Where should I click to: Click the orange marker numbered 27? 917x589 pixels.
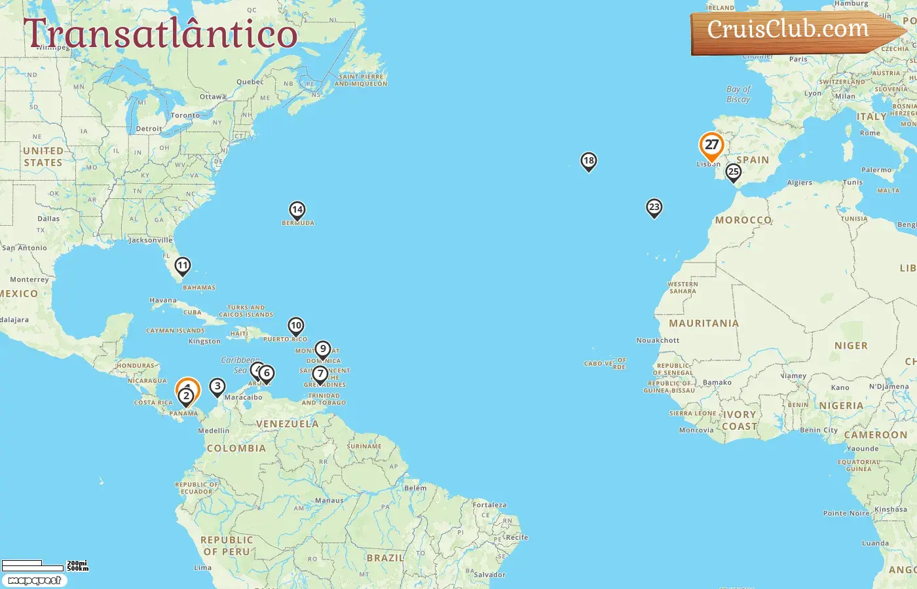(711, 145)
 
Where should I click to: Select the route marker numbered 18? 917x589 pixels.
(588, 161)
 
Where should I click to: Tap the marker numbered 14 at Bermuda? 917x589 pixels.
(297, 210)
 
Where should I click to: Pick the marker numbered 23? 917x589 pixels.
(654, 207)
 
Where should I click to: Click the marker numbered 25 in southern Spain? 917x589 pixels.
(733, 172)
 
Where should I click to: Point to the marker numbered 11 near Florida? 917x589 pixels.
(183, 266)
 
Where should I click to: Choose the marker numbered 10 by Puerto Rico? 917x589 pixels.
(296, 326)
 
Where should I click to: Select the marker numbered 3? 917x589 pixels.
(217, 387)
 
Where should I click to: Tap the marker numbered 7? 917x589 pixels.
(320, 374)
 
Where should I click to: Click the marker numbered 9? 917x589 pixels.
(322, 349)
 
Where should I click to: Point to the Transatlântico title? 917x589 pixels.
(160, 34)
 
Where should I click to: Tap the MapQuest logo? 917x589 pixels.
(34, 580)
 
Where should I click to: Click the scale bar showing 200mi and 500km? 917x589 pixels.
(45, 565)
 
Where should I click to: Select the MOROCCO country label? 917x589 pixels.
(743, 220)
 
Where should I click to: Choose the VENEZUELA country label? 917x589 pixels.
(287, 424)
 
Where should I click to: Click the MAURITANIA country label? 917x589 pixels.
(703, 323)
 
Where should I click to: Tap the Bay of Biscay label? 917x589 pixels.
(738, 94)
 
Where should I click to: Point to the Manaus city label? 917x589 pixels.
(329, 501)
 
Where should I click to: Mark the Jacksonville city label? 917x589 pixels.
(151, 240)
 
